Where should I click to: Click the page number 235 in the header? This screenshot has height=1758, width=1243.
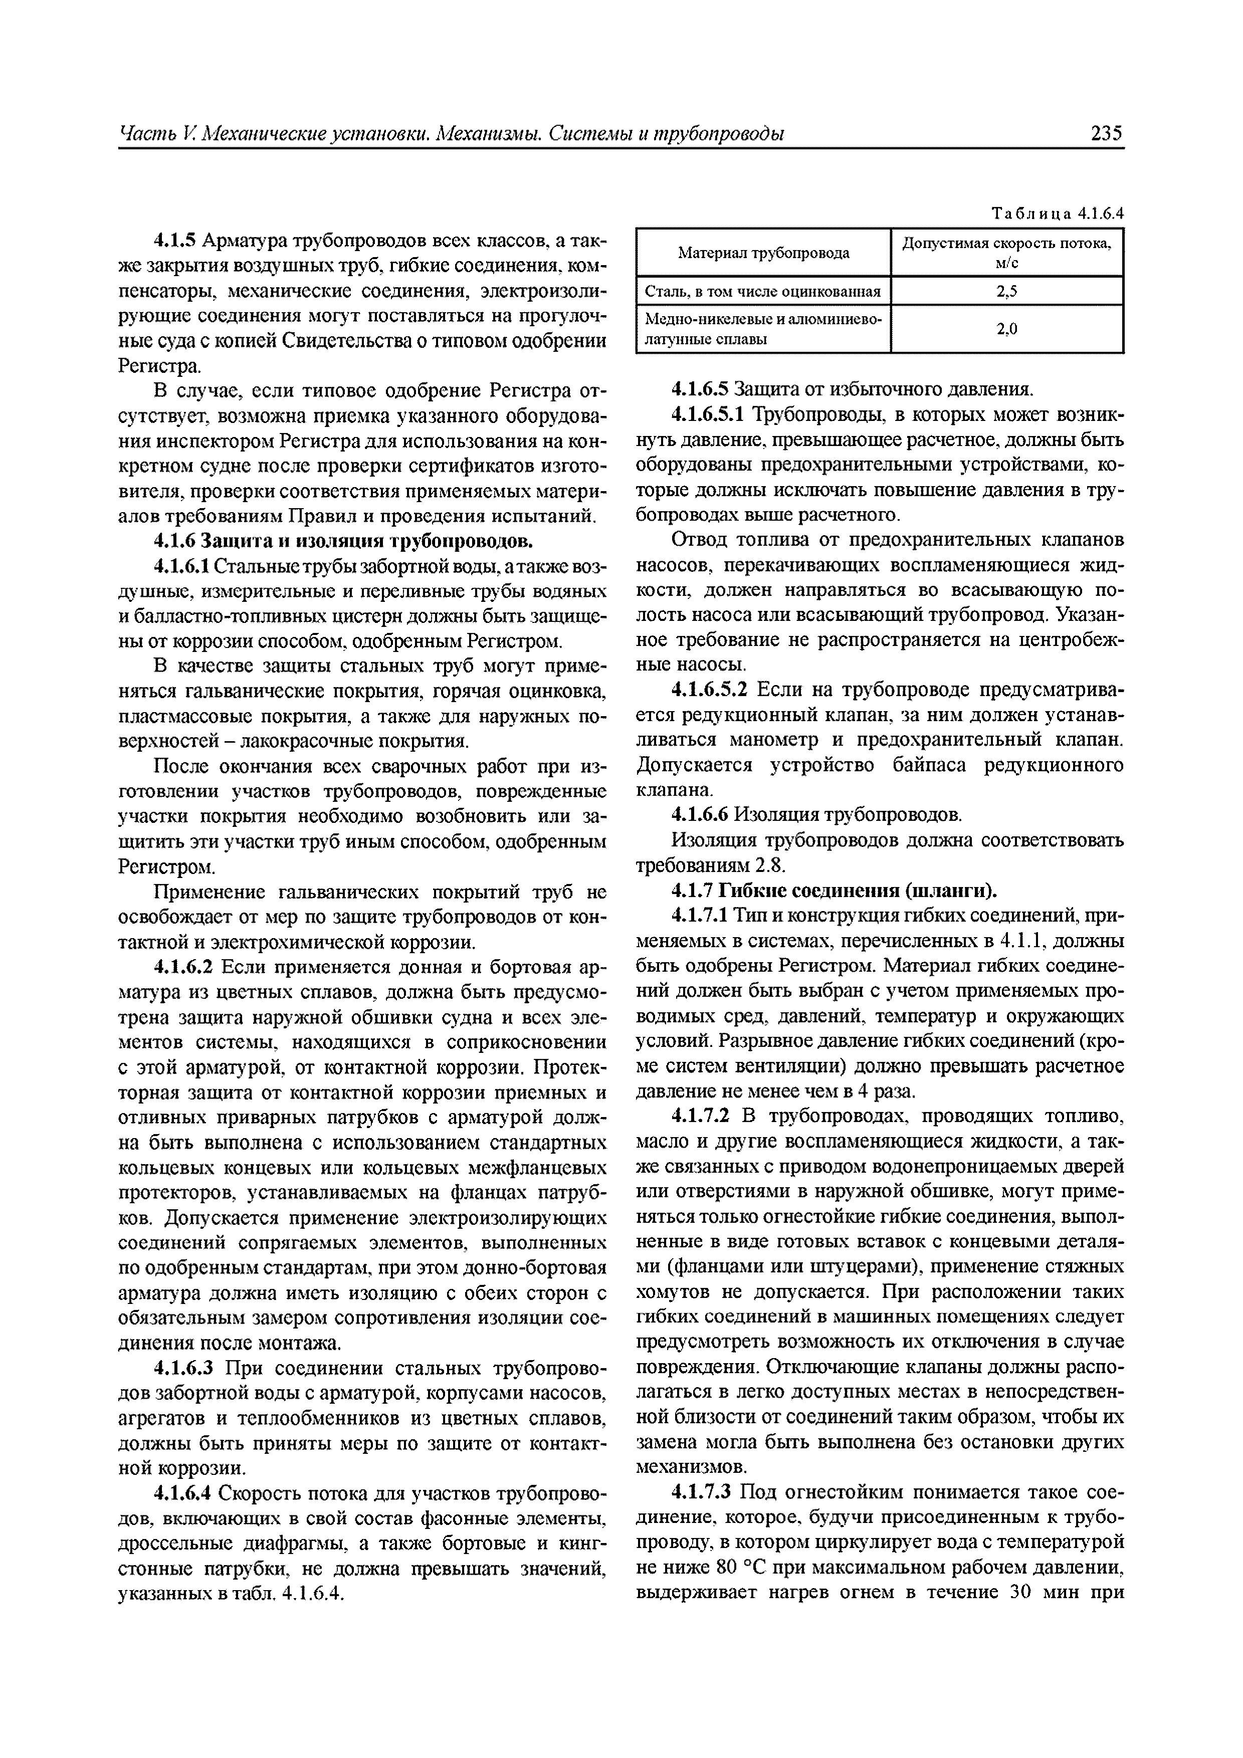(x=1106, y=134)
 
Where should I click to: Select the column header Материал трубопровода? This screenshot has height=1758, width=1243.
(x=763, y=253)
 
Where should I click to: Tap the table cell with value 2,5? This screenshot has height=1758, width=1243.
(x=1006, y=291)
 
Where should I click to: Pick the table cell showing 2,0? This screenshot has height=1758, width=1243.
(x=1006, y=329)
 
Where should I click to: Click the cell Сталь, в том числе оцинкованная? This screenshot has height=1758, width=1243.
(x=763, y=291)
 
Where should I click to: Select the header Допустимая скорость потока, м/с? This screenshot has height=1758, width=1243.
(x=1006, y=253)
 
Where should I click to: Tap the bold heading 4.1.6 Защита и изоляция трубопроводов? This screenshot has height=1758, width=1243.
(x=343, y=541)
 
